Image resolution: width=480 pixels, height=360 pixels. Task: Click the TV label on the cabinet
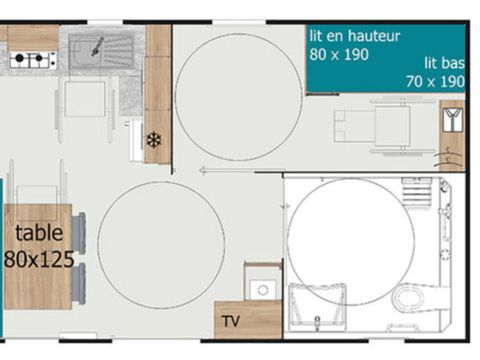231,322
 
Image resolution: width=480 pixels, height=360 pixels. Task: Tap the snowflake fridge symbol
153,140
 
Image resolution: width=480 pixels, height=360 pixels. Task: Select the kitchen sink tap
98,45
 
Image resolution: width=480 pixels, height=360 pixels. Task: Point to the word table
39,234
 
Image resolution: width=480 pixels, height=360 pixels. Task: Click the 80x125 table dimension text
39,258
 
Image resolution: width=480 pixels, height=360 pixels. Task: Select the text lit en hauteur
354,36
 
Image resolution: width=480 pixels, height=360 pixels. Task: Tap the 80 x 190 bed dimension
338,54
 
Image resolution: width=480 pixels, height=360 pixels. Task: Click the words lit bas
444,62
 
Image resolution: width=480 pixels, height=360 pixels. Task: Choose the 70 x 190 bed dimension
435,81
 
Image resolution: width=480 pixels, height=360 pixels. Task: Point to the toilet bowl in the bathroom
409,297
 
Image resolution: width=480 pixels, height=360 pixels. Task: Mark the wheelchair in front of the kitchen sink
85,98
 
